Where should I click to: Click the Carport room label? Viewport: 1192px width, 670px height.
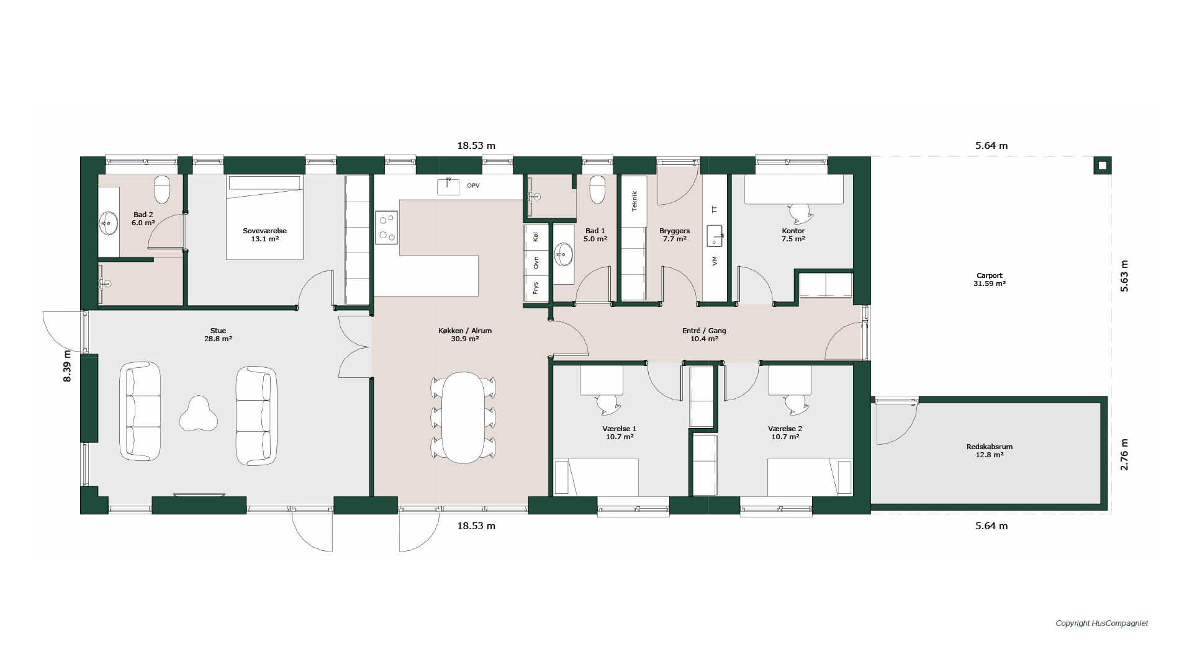coord(990,280)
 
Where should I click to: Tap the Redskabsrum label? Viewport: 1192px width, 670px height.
coord(990,450)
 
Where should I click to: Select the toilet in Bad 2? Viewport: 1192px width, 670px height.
coord(162,190)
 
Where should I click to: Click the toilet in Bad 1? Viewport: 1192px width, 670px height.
coord(597,190)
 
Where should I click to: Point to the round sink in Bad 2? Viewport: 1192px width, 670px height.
coord(109,223)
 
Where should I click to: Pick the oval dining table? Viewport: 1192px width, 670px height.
coord(464,417)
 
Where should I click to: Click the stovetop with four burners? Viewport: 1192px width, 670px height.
coord(386,228)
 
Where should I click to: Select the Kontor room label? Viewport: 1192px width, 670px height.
coord(793,234)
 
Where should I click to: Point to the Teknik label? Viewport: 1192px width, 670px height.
coord(634,201)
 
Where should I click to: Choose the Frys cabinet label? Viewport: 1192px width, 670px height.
coord(536,288)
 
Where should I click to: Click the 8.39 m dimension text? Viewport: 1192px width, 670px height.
coord(68,366)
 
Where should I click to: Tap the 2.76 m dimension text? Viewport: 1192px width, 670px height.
coord(1124,455)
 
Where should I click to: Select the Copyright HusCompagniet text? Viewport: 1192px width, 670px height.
coord(1102,623)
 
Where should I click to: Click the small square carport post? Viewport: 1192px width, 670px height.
coord(1102,166)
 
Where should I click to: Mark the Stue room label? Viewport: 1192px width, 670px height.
coord(218,335)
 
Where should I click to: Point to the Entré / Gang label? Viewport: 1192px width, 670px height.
coord(704,335)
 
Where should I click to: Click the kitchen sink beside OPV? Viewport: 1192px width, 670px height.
coord(448,186)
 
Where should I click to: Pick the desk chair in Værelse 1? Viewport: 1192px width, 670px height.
coord(608,404)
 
